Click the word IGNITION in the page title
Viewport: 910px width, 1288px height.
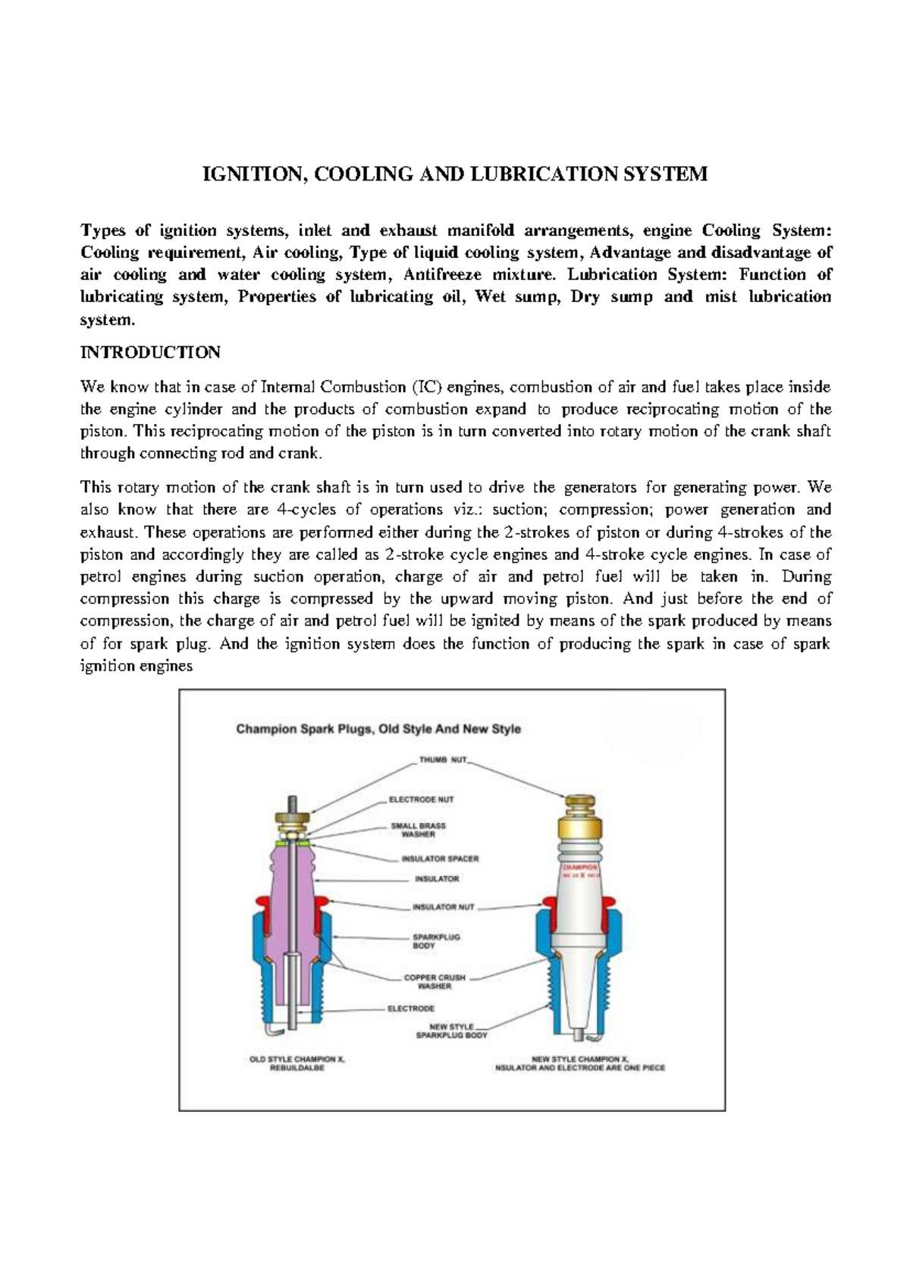(x=252, y=174)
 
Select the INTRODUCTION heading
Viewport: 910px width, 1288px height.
(x=150, y=353)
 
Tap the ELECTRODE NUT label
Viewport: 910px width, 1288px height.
(x=422, y=800)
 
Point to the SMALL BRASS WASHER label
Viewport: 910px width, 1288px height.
(x=418, y=830)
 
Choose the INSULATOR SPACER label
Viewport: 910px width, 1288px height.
(x=440, y=859)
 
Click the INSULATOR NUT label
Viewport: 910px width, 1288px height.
(x=443, y=906)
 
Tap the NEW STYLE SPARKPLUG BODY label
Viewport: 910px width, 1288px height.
(x=453, y=1031)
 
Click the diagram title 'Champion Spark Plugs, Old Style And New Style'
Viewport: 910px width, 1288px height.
(x=378, y=729)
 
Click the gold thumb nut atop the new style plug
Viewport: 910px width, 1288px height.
(x=580, y=806)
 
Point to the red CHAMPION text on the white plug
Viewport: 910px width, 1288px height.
(x=579, y=865)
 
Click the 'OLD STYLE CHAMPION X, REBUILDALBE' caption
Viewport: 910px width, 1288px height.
(x=297, y=1062)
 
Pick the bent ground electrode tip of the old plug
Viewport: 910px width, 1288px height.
(x=274, y=1034)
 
